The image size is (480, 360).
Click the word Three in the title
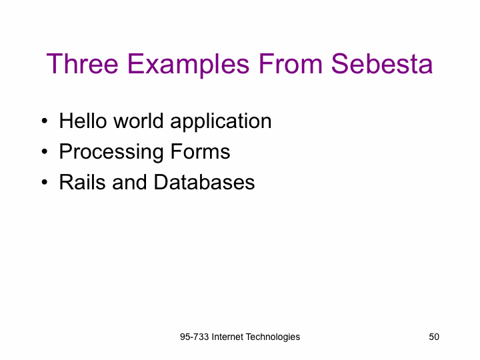pyautogui.click(x=83, y=64)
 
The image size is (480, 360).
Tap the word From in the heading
pyautogui.click(x=291, y=64)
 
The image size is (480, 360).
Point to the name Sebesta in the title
pyautogui.click(x=382, y=64)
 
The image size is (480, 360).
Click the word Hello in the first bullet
pyautogui.click(x=83, y=121)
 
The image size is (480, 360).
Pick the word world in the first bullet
pyautogui.click(x=139, y=121)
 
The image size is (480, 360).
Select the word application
pyautogui.click(x=221, y=123)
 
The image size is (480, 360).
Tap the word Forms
pyautogui.click(x=200, y=151)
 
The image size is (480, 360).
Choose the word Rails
pyautogui.click(x=82, y=182)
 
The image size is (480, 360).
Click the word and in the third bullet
pyautogui.click(x=129, y=182)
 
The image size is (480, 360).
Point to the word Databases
pyautogui.click(x=204, y=182)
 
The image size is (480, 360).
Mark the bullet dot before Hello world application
pyautogui.click(x=45, y=121)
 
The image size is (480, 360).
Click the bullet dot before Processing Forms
pyautogui.click(x=45, y=151)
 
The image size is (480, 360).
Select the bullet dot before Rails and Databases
pyautogui.click(x=45, y=182)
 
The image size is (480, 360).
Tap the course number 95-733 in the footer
pyautogui.click(x=195, y=337)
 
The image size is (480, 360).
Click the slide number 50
pyautogui.click(x=434, y=337)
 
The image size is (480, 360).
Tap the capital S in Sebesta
pyautogui.click(x=339, y=64)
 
